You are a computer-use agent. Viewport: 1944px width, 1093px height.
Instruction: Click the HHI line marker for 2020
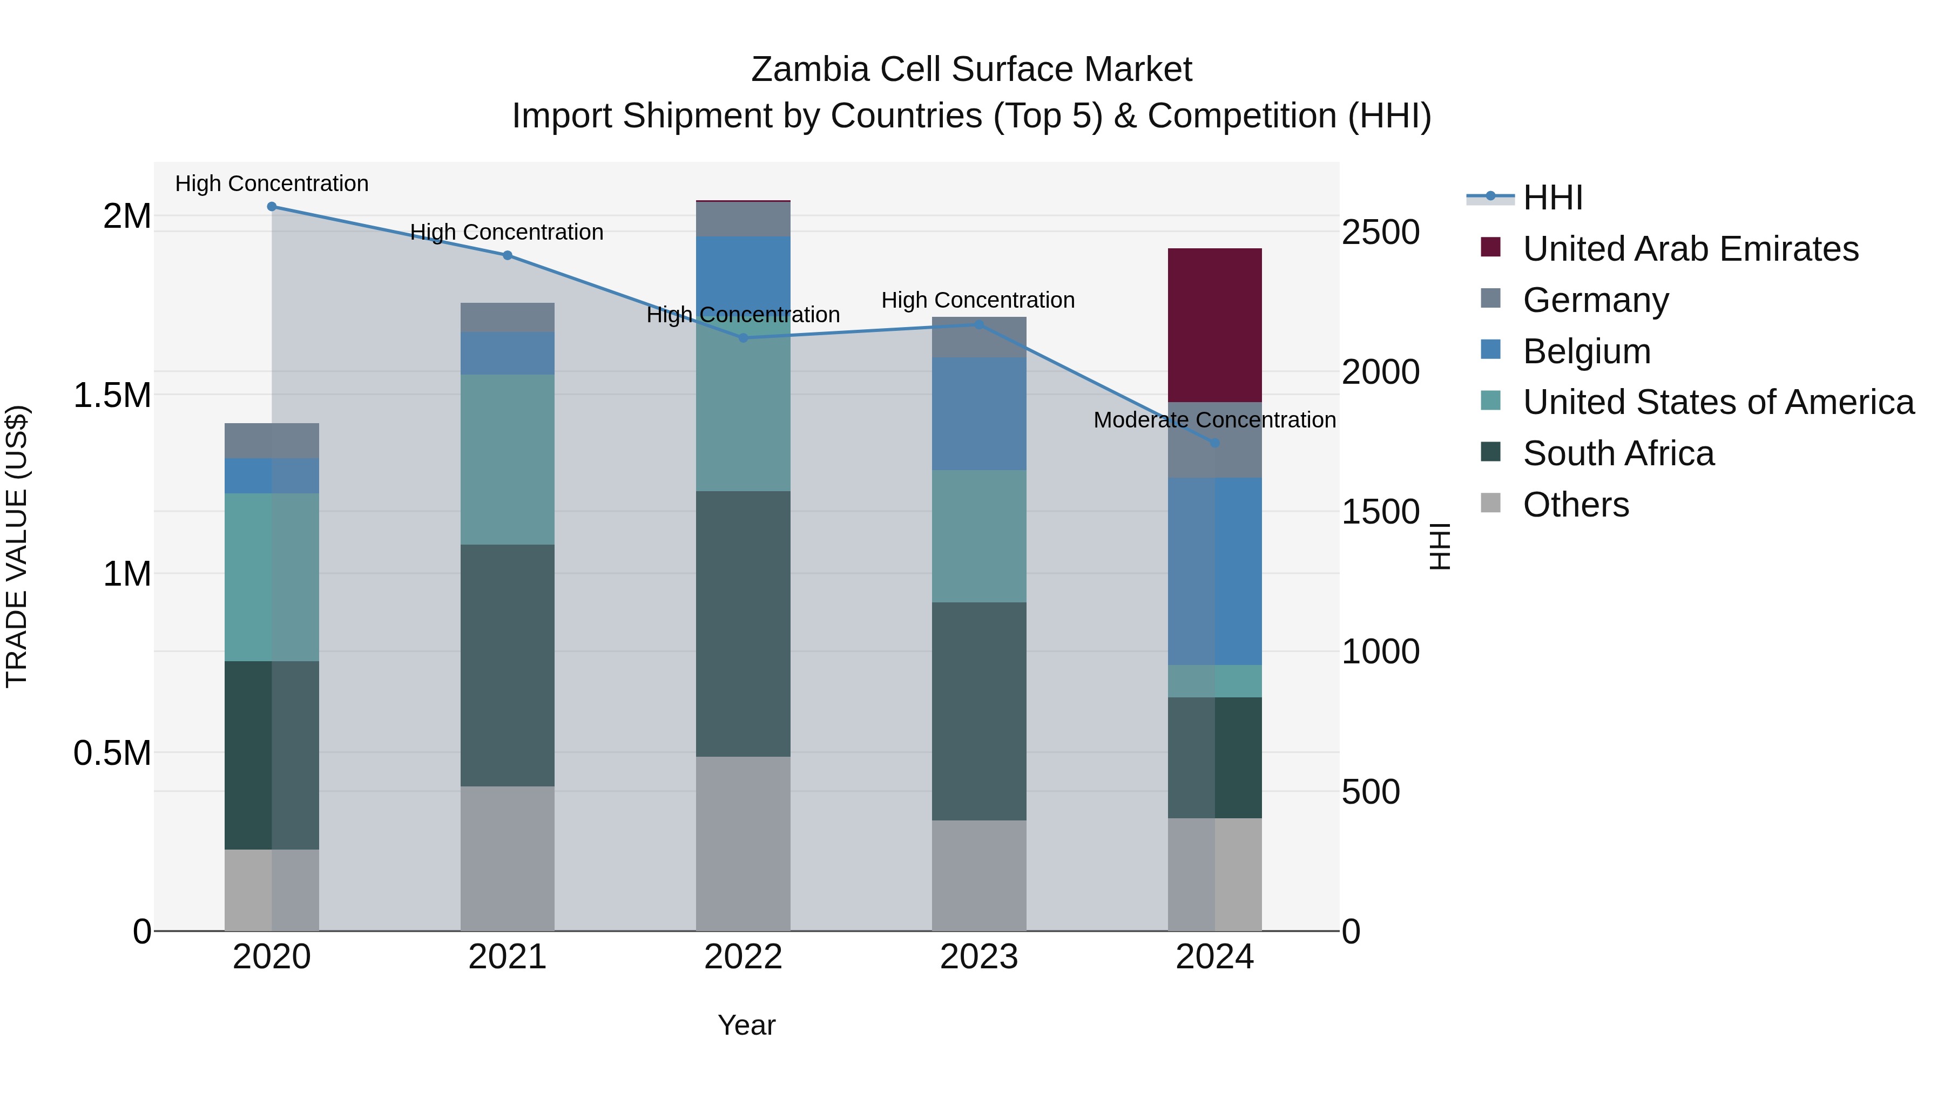pyautogui.click(x=272, y=207)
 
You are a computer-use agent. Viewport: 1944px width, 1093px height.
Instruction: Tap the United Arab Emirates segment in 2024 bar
pyautogui.click(x=1215, y=324)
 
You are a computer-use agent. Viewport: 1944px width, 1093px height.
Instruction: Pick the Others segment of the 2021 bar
pyautogui.click(x=507, y=858)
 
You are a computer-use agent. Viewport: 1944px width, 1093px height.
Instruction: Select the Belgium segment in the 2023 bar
pyautogui.click(x=979, y=413)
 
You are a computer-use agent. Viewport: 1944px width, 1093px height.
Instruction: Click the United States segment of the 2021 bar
pyautogui.click(x=507, y=459)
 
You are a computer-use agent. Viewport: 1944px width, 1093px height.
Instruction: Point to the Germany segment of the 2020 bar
pyautogui.click(x=272, y=440)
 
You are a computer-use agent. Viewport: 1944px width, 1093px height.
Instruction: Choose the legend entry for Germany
pyautogui.click(x=1595, y=300)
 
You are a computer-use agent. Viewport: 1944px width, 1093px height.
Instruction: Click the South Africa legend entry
pyautogui.click(x=1618, y=454)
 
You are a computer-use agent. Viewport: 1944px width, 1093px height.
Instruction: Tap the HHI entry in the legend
pyautogui.click(x=1552, y=198)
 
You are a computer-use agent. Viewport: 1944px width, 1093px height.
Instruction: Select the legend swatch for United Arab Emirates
pyautogui.click(x=1490, y=247)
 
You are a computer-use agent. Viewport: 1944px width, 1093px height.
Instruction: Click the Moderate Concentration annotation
pyautogui.click(x=1214, y=420)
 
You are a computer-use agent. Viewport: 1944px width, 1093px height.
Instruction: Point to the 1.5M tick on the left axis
pyautogui.click(x=112, y=395)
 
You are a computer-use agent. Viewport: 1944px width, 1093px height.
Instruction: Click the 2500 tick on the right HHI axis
pyautogui.click(x=1380, y=232)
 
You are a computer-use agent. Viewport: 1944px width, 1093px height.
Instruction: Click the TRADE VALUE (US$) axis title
pyautogui.click(x=17, y=546)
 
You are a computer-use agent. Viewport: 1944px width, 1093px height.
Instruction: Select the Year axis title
pyautogui.click(x=746, y=1025)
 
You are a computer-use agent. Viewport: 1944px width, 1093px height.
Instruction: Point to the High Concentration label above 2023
pyautogui.click(x=978, y=300)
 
